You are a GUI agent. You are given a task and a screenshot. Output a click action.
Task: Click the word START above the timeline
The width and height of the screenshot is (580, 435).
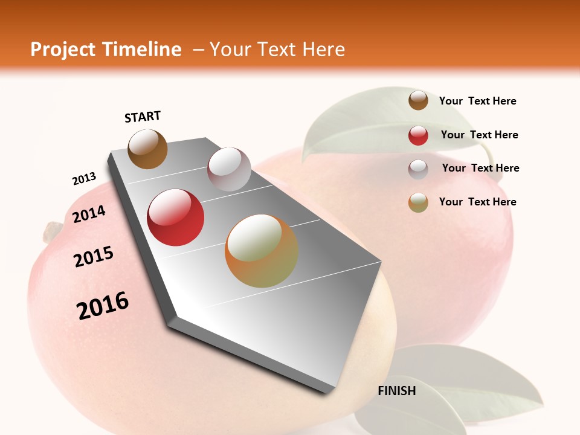143,117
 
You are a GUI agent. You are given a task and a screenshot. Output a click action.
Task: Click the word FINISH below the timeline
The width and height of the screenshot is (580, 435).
396,391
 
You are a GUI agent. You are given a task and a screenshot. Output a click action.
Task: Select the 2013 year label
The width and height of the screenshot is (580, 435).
84,179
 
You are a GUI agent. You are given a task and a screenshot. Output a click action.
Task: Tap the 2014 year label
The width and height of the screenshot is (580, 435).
89,214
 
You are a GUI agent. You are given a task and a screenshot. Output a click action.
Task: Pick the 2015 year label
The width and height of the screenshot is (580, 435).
93,257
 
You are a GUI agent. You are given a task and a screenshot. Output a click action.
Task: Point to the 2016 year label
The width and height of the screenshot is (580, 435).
103,306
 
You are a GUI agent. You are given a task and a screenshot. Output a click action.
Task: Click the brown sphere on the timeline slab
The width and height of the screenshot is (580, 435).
147,149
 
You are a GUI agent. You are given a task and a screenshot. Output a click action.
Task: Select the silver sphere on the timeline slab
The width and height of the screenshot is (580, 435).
229,169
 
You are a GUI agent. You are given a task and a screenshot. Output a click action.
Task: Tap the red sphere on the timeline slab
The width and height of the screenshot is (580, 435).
175,217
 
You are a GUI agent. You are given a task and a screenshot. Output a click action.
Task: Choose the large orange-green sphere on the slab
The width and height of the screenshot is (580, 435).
262,251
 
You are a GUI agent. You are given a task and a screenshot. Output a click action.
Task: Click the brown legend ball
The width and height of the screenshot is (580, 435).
418,100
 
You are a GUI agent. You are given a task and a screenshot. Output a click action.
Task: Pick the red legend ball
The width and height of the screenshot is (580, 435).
418,135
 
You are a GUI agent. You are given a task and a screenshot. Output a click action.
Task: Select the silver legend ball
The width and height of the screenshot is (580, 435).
418,169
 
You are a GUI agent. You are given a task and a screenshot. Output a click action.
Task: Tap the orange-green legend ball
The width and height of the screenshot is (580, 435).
418,202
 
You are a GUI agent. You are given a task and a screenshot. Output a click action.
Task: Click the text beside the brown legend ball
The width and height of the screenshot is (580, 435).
477,101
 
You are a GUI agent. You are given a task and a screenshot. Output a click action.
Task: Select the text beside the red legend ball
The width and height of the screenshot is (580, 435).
479,135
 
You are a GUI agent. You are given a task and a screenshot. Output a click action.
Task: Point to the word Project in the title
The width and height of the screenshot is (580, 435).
64,50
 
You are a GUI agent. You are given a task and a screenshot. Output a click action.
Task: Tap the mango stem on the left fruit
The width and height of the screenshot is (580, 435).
51,230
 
